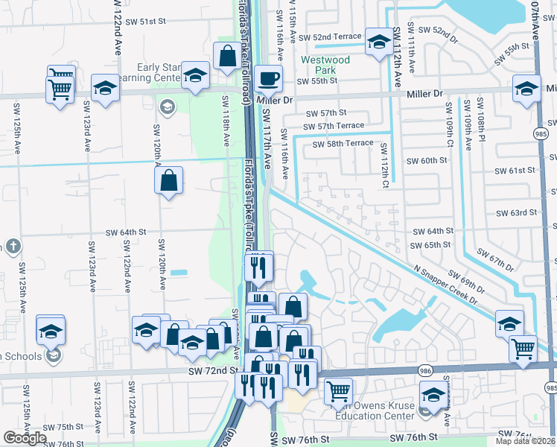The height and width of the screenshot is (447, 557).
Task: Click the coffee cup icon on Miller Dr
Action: click(x=269, y=77)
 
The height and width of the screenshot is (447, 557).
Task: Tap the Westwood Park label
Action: click(x=325, y=65)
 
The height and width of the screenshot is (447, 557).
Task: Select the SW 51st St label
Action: click(x=145, y=22)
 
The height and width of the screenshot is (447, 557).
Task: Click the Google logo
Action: click(x=25, y=438)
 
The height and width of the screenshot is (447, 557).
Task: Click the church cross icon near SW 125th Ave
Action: click(x=13, y=247)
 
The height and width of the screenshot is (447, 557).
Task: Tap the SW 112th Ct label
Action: click(x=384, y=164)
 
